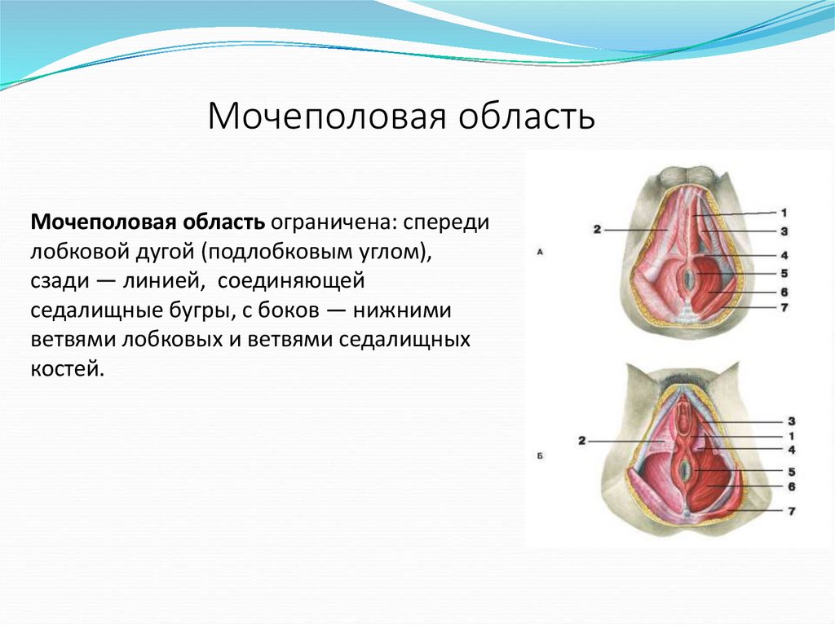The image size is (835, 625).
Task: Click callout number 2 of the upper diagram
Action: pyautogui.click(x=597, y=230)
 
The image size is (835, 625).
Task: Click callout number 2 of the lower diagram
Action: pyautogui.click(x=581, y=441)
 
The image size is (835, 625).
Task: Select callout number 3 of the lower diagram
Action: pyautogui.click(x=790, y=421)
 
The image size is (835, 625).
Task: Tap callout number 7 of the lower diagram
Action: pyautogui.click(x=790, y=511)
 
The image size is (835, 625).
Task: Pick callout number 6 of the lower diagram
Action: pyautogui.click(x=790, y=486)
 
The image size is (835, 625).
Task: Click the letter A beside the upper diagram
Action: pyautogui.click(x=540, y=253)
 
